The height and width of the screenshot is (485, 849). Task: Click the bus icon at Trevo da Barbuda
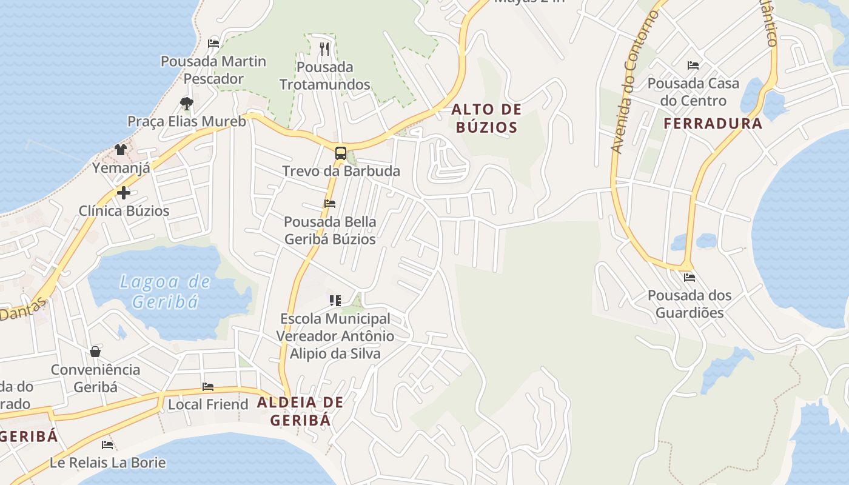pos(341,153)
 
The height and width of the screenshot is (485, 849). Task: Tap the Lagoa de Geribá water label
pos(165,291)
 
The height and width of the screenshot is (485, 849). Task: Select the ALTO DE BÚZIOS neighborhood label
pos(486,118)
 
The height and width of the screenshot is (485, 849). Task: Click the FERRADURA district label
pos(713,124)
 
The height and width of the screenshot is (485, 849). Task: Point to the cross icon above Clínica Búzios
pos(124,193)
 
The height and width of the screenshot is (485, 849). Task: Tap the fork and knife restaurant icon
pos(325,48)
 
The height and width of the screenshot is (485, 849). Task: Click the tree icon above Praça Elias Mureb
pos(186,103)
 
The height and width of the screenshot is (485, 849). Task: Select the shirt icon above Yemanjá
pos(120,150)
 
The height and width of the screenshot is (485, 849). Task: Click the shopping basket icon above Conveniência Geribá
pos(95,352)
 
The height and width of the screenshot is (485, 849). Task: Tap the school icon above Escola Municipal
pos(335,300)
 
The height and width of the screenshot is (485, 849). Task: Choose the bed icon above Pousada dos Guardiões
pos(690,278)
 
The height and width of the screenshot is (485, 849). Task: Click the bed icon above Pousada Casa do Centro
pos(693,65)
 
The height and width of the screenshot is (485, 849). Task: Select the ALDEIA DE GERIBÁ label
pos(300,411)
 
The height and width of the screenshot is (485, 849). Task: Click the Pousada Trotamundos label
pos(324,76)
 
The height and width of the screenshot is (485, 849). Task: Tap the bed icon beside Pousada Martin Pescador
pos(213,43)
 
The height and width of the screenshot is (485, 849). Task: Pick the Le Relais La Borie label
pos(107,463)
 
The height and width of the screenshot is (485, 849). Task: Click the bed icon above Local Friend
pos(208,386)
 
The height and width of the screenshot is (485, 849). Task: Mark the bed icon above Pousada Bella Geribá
pos(330,203)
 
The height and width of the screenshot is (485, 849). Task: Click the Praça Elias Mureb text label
pos(187,121)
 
